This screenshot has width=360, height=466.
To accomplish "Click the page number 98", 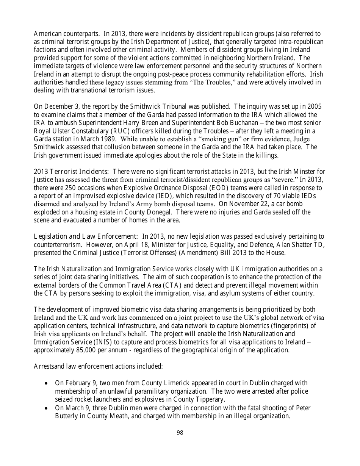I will [180, 432].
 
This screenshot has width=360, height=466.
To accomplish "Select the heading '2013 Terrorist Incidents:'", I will [72, 172].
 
